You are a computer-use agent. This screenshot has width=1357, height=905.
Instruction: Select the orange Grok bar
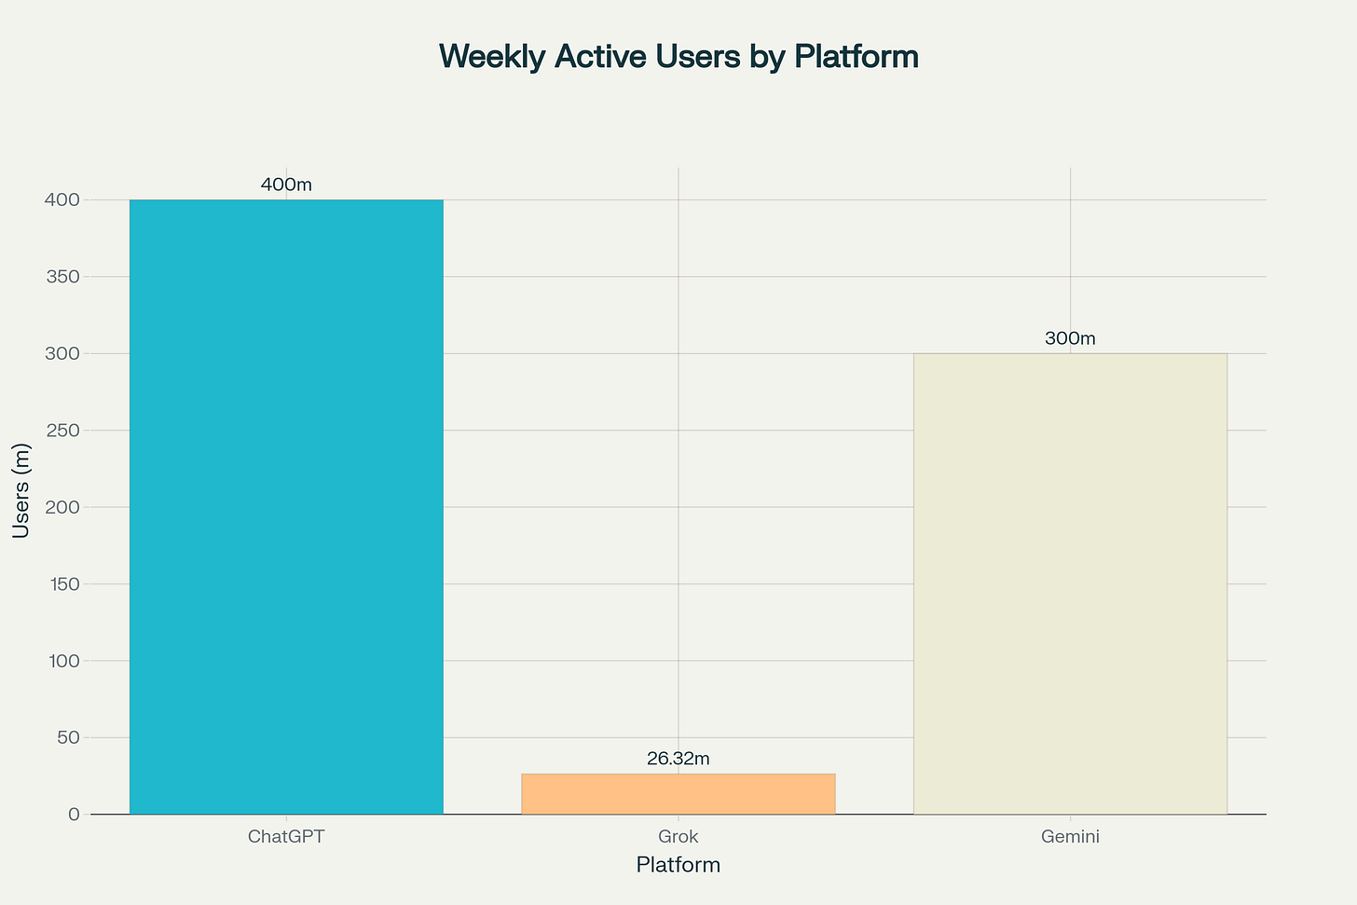[x=678, y=793]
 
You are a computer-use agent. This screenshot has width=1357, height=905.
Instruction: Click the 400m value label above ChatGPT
[x=286, y=185]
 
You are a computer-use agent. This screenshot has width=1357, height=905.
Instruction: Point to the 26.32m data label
[x=678, y=759]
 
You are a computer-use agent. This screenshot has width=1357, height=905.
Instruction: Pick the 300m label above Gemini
[x=1070, y=338]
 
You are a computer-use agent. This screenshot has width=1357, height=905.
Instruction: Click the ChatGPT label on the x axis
[x=286, y=836]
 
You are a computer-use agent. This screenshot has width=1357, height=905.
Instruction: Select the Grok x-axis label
[x=678, y=836]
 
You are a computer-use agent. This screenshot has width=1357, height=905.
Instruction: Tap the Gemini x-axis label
[x=1070, y=836]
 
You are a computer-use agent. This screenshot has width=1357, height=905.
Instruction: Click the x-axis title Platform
[x=678, y=865]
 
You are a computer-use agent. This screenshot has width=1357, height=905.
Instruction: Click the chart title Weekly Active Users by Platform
[x=678, y=57]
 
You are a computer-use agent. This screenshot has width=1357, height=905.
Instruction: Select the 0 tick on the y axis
[x=74, y=815]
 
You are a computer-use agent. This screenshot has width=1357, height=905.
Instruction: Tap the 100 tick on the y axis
[x=64, y=661]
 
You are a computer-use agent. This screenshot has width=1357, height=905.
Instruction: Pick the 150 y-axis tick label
[x=64, y=583]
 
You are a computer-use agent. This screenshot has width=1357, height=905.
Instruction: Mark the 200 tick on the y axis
[x=64, y=507]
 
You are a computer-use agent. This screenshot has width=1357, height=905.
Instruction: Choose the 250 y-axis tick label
[x=64, y=431]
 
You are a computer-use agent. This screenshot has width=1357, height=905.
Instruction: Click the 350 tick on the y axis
[x=64, y=277]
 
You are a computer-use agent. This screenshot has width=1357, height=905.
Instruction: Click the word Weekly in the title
[x=492, y=57]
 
